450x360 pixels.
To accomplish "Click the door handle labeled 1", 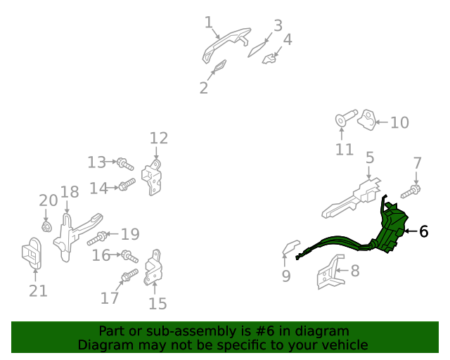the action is tap(226, 44).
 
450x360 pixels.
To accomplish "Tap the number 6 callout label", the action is tap(423, 231).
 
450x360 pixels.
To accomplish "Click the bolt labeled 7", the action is tap(411, 192).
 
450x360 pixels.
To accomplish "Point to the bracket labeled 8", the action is tap(330, 272).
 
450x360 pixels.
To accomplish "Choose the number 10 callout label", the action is tap(399, 122).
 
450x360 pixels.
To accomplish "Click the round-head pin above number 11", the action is tap(346, 117).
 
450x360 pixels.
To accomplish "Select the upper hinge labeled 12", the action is tap(152, 178).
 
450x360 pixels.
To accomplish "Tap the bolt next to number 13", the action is tap(125, 164).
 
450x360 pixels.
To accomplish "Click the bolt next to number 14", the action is tap(127, 185).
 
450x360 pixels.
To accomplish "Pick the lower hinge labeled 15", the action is tap(153, 268).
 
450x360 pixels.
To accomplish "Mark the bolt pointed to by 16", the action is tap(129, 257).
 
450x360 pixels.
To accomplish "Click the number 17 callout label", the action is tap(110, 298).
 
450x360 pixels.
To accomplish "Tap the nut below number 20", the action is tap(46, 227).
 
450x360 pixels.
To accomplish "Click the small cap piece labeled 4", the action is tap(269, 58).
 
